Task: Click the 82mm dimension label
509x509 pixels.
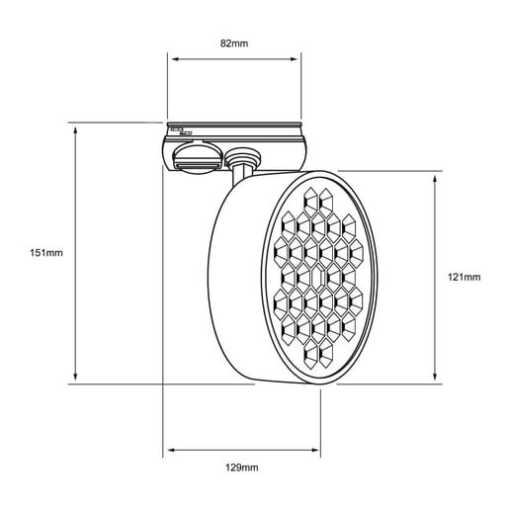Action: pyautogui.click(x=234, y=43)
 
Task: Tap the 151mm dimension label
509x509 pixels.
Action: pyautogui.click(x=46, y=253)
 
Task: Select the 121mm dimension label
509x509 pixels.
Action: pyautogui.click(x=464, y=277)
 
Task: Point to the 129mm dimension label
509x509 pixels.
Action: pyautogui.click(x=242, y=467)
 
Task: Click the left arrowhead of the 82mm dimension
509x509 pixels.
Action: pyautogui.click(x=176, y=59)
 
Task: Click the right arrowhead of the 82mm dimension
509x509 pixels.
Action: pyautogui.click(x=294, y=59)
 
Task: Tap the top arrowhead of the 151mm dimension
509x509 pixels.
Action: pyautogui.click(x=75, y=130)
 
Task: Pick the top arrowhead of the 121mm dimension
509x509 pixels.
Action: pyautogui.click(x=435, y=180)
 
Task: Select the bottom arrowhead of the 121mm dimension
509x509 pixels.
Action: pyautogui.click(x=435, y=376)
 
